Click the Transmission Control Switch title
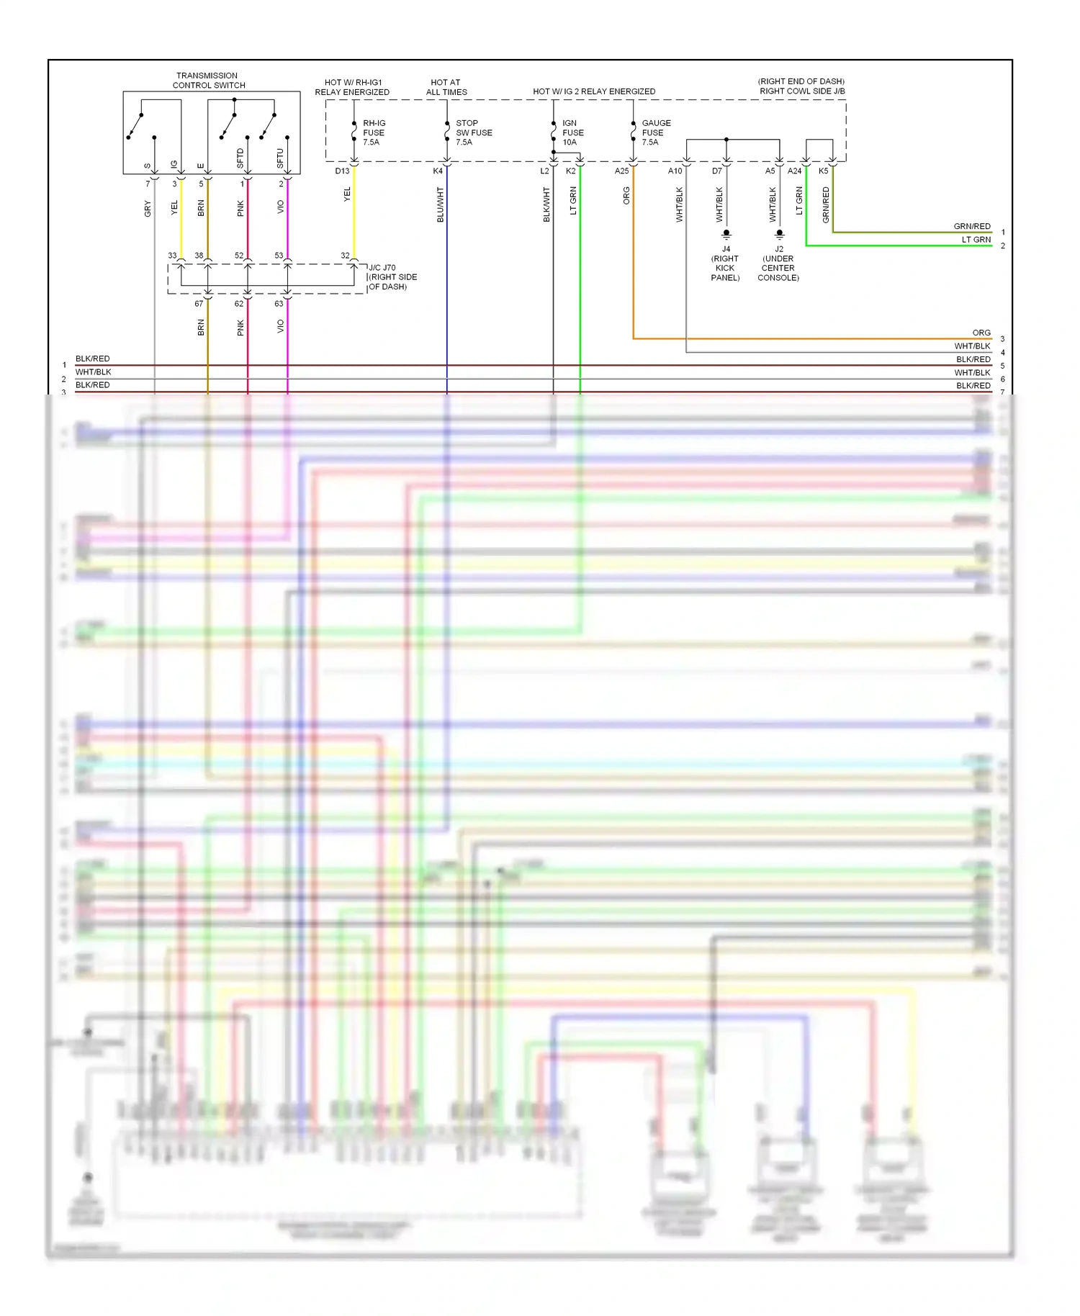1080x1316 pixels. tap(208, 80)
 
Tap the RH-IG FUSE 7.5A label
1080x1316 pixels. tap(373, 132)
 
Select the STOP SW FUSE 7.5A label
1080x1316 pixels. tap(473, 132)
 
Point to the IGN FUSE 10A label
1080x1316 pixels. tap(572, 132)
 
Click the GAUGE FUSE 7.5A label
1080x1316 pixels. tap(655, 132)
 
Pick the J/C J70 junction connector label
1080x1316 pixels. tap(392, 277)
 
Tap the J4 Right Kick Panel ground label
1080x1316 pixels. tap(725, 263)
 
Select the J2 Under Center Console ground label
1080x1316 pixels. tap(778, 263)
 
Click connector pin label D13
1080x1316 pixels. tap(342, 171)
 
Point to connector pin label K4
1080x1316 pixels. tap(438, 171)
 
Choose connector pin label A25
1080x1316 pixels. tap(621, 171)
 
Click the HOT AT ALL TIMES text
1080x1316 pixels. tap(446, 87)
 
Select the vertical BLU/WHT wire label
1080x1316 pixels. tap(440, 204)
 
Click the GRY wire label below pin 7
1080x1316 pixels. tap(148, 209)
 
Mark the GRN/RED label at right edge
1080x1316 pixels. tap(972, 226)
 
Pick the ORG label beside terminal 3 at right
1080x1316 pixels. tap(981, 333)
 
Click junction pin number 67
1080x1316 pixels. tap(199, 304)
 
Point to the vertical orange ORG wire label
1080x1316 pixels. tap(626, 196)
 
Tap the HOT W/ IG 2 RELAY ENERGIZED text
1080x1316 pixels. tap(594, 91)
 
